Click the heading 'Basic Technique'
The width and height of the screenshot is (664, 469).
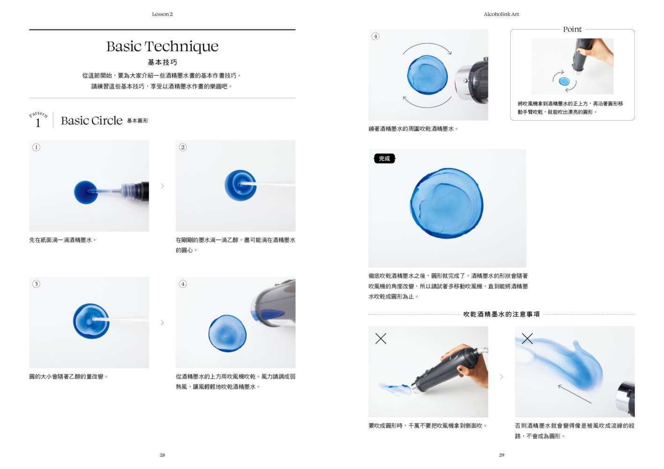pyautogui.click(x=162, y=46)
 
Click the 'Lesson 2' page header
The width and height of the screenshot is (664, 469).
pyautogui.click(x=162, y=14)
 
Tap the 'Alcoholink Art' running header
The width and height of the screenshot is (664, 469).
pyautogui.click(x=501, y=14)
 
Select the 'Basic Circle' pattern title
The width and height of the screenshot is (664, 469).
pyautogui.click(x=91, y=121)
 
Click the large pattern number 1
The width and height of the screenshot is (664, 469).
pyautogui.click(x=38, y=123)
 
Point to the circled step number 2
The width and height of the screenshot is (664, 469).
pyautogui.click(x=183, y=147)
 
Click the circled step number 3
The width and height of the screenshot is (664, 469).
pyautogui.click(x=36, y=284)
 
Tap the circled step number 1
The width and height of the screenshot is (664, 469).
pyautogui.click(x=36, y=147)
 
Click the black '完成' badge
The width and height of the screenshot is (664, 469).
pyautogui.click(x=385, y=159)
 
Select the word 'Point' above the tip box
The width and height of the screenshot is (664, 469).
pyautogui.click(x=572, y=30)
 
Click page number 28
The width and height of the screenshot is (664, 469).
pyautogui.click(x=162, y=455)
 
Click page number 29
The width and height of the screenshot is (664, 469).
pyautogui.click(x=501, y=455)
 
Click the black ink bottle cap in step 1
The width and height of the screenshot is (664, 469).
pyautogui.click(x=142, y=191)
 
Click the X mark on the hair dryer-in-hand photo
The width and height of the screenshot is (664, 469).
pyautogui.click(x=381, y=338)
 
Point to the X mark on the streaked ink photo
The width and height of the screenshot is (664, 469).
pyautogui.click(x=527, y=338)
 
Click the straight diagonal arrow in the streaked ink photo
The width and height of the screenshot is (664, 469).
pyautogui.click(x=574, y=394)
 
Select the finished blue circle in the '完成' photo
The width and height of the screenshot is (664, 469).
pyautogui.click(x=447, y=204)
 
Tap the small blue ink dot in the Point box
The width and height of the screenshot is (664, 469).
pyautogui.click(x=564, y=81)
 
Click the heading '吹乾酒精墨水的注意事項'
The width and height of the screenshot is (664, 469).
pyautogui.click(x=501, y=314)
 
